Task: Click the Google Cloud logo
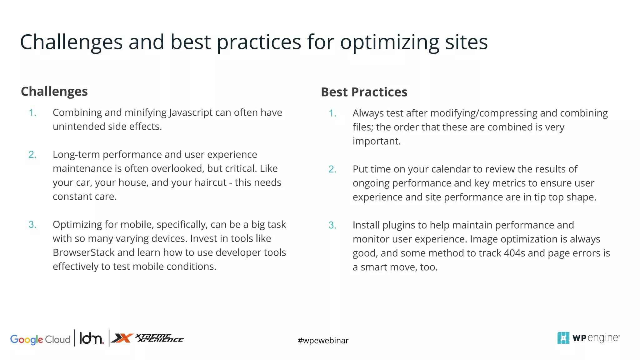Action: point(40,339)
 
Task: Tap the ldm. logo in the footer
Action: point(91,338)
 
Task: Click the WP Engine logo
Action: point(588,338)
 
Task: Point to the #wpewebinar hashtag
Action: point(323,340)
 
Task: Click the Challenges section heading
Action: point(54,92)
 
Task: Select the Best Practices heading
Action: point(364,92)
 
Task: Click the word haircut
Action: point(210,182)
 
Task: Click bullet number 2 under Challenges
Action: point(32,155)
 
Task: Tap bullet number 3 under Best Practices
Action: point(332,225)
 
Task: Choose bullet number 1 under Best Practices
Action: point(332,113)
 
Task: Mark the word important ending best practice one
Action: point(376,141)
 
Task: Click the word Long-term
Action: point(76,155)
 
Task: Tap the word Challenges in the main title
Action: point(71,42)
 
